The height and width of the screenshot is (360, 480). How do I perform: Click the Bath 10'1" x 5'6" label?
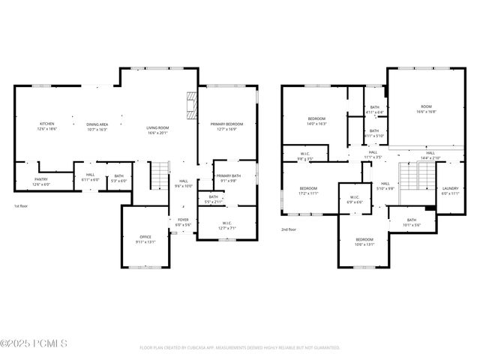(x=412, y=222)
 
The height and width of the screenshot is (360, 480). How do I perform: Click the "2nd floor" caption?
(x=289, y=229)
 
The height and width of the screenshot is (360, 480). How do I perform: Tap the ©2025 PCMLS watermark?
(x=34, y=344)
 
